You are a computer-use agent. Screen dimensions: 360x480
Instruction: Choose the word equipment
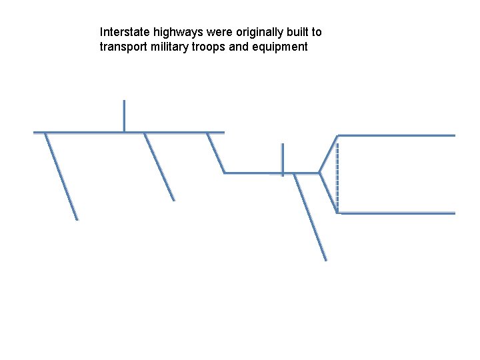point(282,47)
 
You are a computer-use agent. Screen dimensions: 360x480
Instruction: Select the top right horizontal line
point(396,135)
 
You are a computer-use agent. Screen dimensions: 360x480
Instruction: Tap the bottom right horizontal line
point(396,213)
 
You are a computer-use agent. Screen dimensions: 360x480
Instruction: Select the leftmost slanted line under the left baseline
point(61,177)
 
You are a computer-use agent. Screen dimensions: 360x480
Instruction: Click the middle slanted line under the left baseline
point(159,167)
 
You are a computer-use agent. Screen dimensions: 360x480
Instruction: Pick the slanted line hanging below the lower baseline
point(311,217)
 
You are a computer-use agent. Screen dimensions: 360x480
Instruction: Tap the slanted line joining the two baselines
point(215,153)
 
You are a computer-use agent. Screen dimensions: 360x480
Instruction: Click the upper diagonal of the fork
point(328,154)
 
